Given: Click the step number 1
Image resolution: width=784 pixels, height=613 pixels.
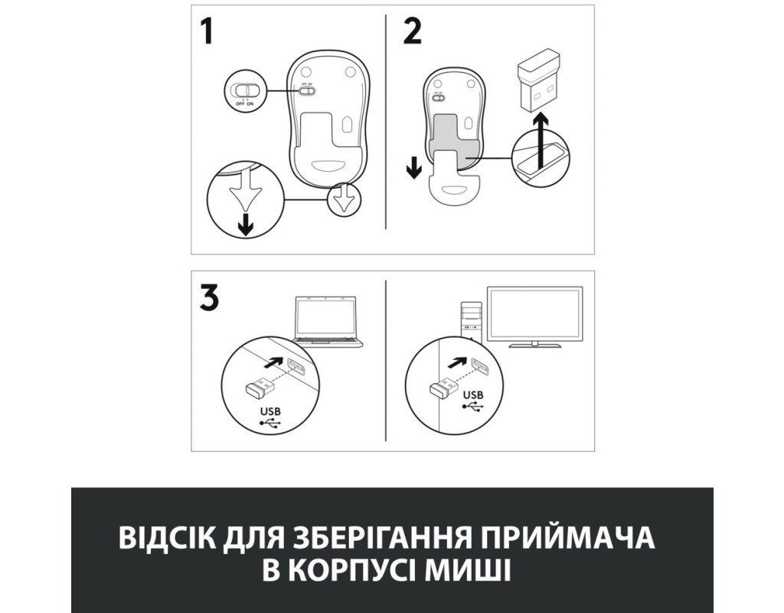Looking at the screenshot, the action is [207, 31].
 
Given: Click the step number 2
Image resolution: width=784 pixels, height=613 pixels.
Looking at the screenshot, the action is [412, 31].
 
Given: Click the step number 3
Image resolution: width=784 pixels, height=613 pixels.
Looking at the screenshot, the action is [210, 298].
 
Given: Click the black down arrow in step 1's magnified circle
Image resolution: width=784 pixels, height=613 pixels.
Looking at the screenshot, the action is [245, 225].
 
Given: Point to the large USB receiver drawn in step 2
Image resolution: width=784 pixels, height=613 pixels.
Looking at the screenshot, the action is [540, 80].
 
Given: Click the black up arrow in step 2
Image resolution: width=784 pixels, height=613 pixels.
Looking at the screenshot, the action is [540, 140].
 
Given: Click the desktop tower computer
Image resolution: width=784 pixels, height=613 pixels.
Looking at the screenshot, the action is [471, 323].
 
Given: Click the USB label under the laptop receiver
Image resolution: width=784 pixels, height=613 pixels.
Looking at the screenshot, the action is [270, 411].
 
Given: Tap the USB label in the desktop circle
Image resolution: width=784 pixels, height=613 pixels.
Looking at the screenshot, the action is [473, 395].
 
